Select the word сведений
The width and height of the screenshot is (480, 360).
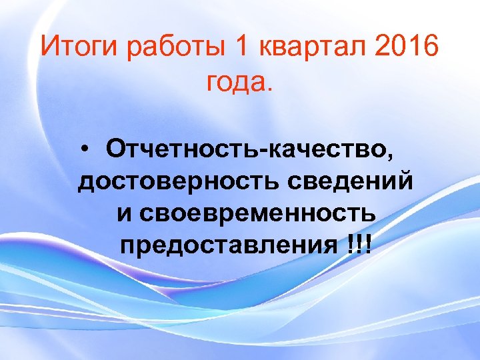[359, 181]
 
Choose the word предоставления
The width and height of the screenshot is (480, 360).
[229, 246]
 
